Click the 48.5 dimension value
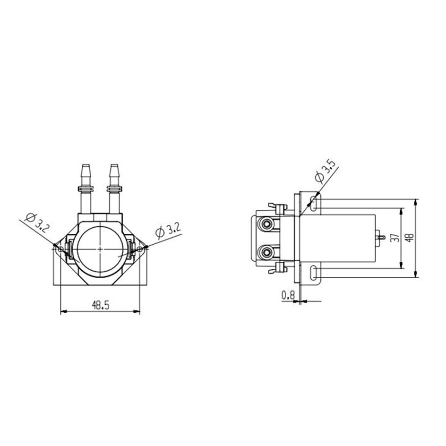tap(101, 305)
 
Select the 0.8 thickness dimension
tap(288, 295)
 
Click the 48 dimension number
tap(410, 238)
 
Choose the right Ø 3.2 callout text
tap(168, 230)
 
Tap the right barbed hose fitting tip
tap(114, 166)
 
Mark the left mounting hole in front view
tap(61, 249)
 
